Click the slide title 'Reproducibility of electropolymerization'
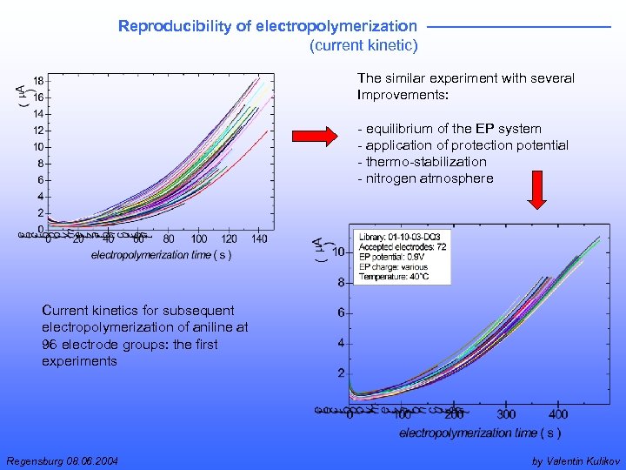(267, 26)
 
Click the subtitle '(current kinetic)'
(363, 45)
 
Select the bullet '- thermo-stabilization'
(422, 162)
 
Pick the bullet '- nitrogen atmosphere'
(424, 178)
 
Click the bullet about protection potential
(462, 145)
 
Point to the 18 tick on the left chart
(39, 80)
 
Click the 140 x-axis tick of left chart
(259, 239)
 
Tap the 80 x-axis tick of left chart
(168, 239)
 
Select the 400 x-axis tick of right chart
(558, 414)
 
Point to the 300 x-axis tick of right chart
(506, 414)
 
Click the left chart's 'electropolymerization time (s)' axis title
(161, 255)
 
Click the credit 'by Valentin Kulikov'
(575, 460)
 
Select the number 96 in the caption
(50, 344)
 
